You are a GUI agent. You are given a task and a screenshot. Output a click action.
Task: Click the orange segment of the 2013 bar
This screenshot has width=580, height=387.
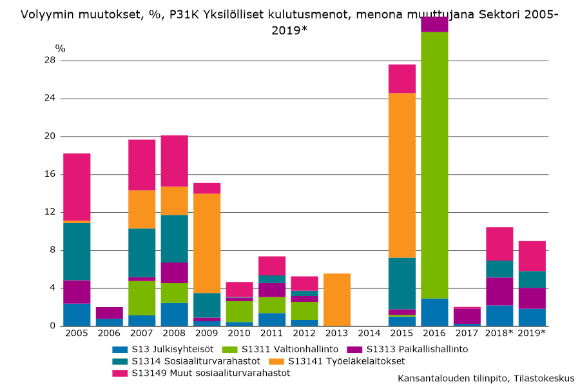337,300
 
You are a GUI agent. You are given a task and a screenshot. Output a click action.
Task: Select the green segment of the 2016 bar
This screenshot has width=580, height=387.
434,164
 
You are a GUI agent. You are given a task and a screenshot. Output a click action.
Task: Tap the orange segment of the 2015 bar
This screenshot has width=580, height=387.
402,175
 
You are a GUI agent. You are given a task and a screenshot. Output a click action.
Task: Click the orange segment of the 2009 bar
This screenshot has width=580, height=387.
207,243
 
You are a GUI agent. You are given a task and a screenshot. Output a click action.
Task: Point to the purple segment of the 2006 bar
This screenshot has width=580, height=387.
110,313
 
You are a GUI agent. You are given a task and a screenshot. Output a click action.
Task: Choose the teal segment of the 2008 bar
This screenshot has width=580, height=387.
174,239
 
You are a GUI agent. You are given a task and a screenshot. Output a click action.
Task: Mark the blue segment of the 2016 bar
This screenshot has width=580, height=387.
434,312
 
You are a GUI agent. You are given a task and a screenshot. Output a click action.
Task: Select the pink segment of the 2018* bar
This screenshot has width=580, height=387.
499,244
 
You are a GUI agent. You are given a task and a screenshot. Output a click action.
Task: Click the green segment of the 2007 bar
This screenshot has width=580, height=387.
142,298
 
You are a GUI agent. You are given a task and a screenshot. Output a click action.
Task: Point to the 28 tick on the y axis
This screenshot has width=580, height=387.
50,61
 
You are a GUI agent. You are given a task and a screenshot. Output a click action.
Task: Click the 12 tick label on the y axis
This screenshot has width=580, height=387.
50,212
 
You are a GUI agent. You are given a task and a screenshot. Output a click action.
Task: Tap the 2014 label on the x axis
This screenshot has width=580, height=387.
369,333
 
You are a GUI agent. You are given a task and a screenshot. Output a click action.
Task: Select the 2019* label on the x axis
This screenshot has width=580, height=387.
532,333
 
